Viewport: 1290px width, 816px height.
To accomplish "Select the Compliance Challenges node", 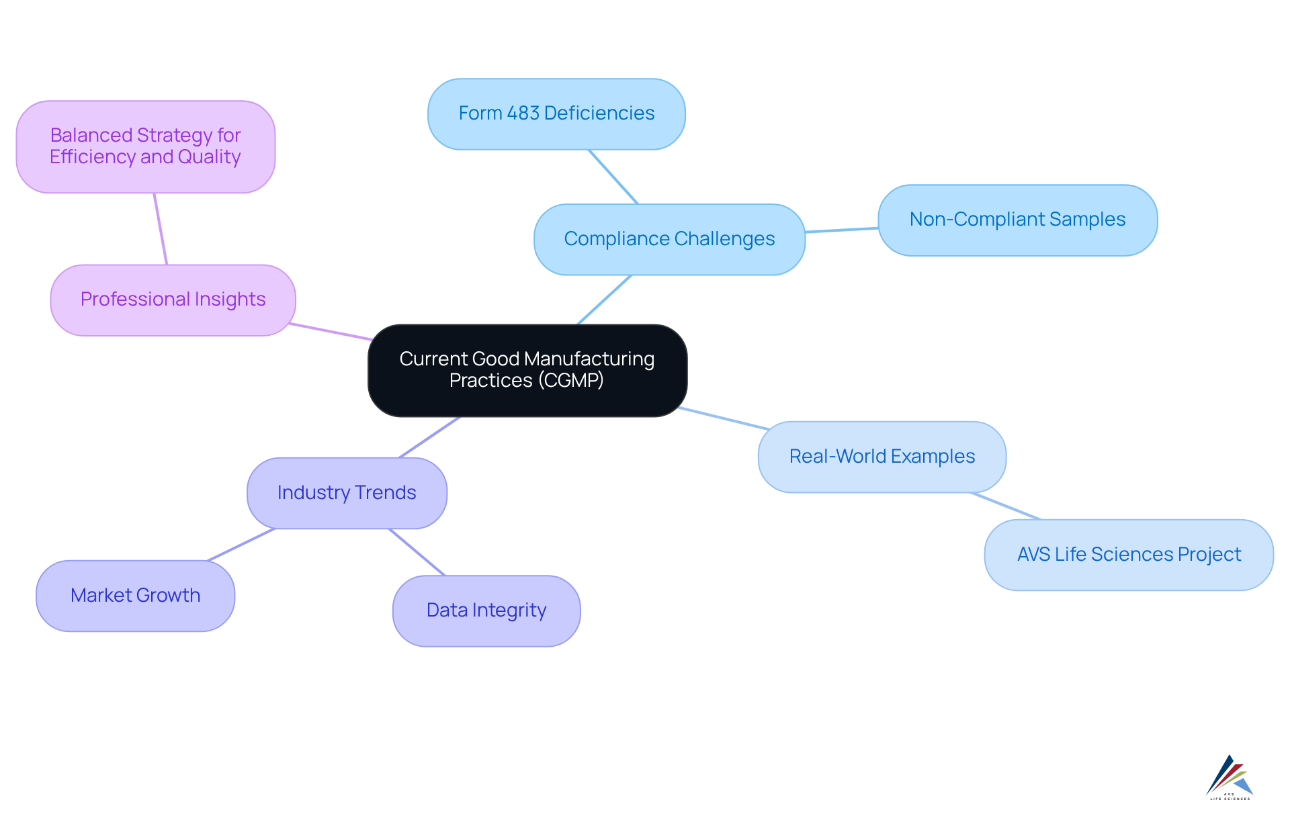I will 669,240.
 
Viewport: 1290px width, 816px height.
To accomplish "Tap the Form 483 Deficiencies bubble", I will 556,114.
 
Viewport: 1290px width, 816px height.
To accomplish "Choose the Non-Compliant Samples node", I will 1017,220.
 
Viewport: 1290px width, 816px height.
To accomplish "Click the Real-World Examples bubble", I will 881,457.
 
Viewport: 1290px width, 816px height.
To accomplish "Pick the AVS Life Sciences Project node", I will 1129,555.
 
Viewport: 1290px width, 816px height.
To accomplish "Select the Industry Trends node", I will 347,493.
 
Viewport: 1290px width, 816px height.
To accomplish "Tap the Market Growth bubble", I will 135,596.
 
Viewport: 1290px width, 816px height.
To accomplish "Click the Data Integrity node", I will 486,610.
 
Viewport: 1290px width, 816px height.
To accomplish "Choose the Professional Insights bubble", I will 173,300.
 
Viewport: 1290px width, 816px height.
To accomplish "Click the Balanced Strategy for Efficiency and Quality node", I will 145,146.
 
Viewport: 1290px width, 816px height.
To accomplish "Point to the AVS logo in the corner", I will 1230,778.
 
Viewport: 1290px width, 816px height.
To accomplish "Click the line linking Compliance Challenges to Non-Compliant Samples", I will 842,230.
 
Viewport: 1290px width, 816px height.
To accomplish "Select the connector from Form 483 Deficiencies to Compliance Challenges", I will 613,177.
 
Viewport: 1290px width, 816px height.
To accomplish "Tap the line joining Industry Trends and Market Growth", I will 241,545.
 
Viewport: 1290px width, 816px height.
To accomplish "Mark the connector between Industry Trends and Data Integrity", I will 417,552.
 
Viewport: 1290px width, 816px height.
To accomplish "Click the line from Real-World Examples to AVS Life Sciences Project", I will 1006,506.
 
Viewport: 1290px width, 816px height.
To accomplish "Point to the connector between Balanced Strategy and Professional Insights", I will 161,229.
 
